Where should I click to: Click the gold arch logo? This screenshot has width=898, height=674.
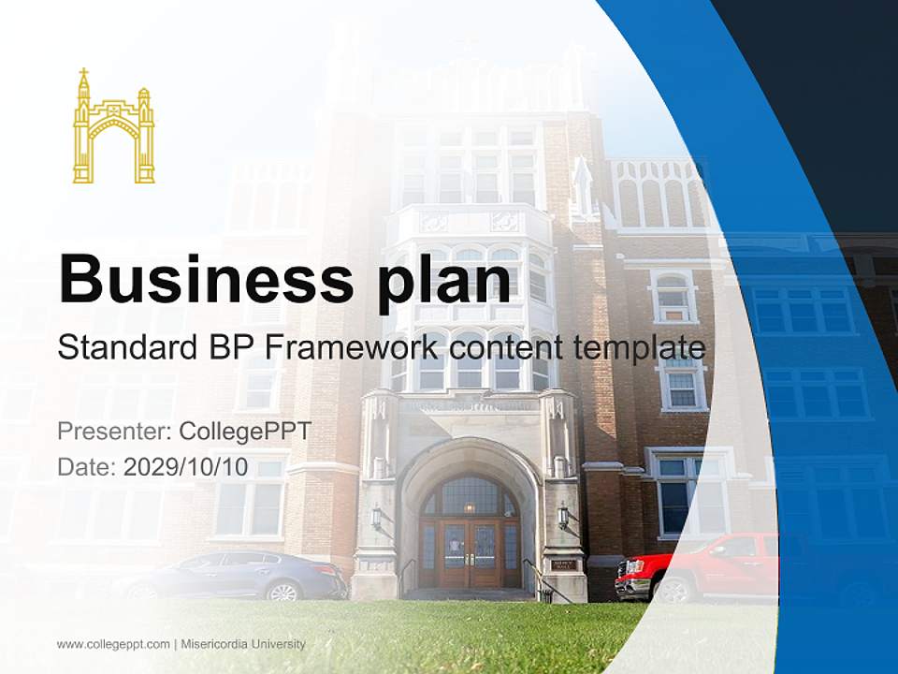click(x=113, y=127)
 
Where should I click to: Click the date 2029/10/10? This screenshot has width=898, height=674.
click(x=185, y=467)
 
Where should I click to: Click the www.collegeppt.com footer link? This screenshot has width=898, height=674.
click(x=113, y=644)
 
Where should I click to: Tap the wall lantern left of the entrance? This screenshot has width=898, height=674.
click(x=376, y=516)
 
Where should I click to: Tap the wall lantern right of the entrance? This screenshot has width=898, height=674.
click(x=563, y=514)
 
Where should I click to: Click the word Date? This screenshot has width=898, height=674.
click(x=84, y=467)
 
